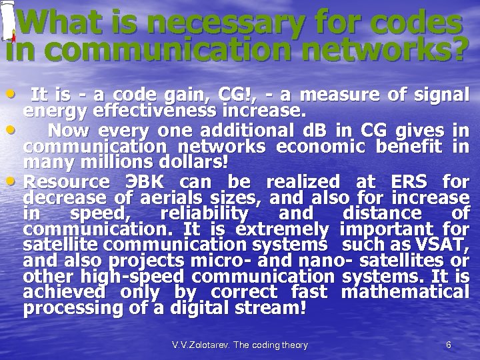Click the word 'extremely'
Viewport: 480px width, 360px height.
pyautogui.click(x=285, y=230)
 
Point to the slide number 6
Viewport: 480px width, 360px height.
pyautogui.click(x=449, y=345)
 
